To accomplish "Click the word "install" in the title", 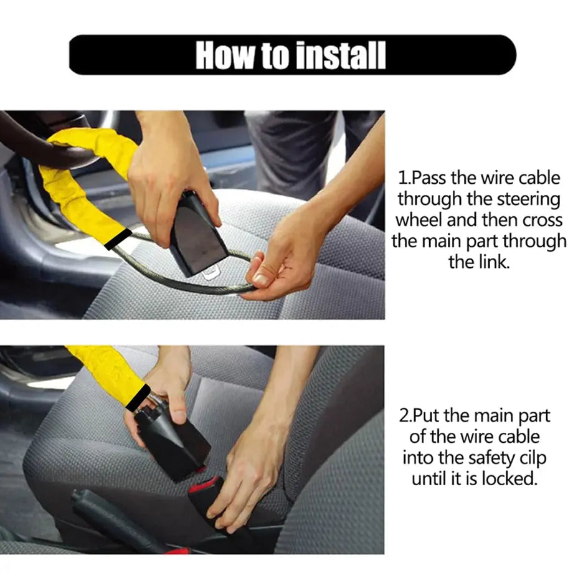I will click(339, 55).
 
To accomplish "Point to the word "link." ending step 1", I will click(479, 262).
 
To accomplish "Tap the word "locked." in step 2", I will click(506, 478).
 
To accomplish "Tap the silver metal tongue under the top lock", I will click(211, 272).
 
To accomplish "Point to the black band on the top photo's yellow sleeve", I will click(118, 239).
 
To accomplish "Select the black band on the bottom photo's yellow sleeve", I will click(138, 397).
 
